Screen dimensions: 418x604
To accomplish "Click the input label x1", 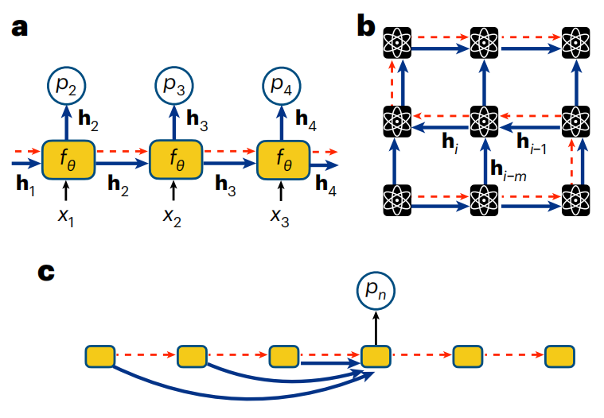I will [66, 216].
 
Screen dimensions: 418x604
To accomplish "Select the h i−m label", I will [506, 170].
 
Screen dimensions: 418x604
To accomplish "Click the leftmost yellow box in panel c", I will [100, 356].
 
